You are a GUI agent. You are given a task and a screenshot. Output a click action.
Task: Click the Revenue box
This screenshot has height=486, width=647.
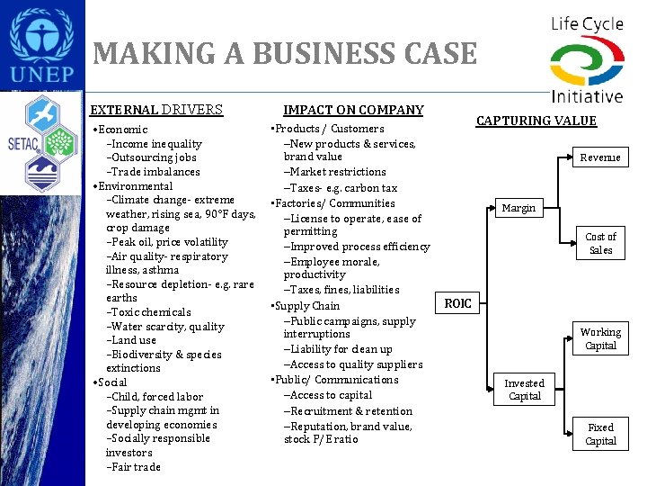pyautogui.click(x=600, y=157)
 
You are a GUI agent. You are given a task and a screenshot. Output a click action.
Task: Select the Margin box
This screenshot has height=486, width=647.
pyautogui.click(x=518, y=208)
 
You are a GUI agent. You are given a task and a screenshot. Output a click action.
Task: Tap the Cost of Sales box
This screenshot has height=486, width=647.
pyautogui.click(x=600, y=243)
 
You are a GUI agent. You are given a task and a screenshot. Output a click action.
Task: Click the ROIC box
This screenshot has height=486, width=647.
pyautogui.click(x=457, y=303)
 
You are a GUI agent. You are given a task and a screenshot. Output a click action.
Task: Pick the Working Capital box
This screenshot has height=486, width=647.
pyautogui.click(x=600, y=338)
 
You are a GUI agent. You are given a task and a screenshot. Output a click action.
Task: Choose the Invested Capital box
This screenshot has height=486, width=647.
pyautogui.click(x=524, y=390)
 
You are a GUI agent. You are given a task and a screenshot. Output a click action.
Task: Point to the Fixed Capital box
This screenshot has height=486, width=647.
pyautogui.click(x=600, y=434)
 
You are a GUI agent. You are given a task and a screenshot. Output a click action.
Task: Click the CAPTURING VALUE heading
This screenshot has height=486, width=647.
pyautogui.click(x=536, y=121)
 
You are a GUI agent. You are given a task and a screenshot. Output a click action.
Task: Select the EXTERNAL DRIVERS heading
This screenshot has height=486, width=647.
pyautogui.click(x=156, y=110)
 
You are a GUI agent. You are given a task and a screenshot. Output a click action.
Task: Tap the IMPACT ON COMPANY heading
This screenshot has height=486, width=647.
pyautogui.click(x=353, y=110)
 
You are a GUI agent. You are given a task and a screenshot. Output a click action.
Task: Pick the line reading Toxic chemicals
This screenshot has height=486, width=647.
pyautogui.click(x=151, y=312)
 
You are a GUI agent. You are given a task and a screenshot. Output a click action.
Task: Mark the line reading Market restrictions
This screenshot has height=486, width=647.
pyautogui.click(x=338, y=172)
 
